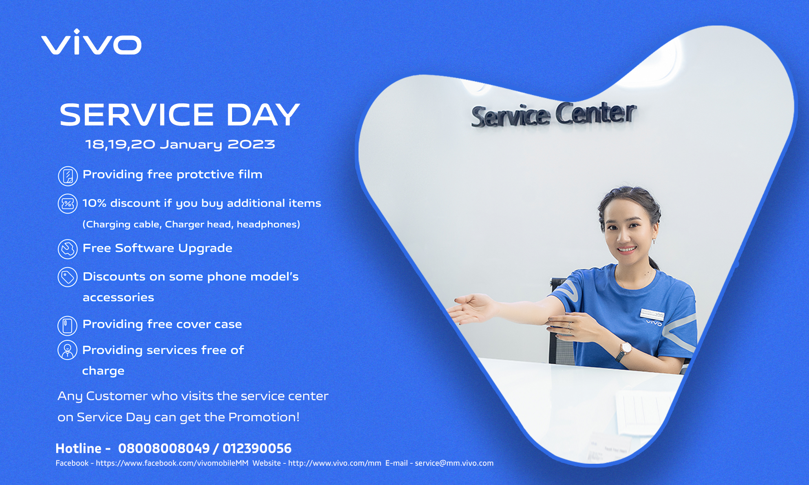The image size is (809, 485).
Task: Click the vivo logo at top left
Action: (x=91, y=42)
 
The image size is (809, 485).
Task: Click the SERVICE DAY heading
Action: (x=180, y=115)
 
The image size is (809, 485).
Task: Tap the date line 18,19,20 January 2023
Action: (x=180, y=144)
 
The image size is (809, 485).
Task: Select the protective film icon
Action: (x=68, y=176)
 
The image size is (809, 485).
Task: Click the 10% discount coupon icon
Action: (x=68, y=204)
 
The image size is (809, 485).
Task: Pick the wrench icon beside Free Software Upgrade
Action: (x=68, y=249)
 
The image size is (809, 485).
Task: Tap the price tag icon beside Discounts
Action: (x=68, y=277)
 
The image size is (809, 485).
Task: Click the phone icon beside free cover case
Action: (x=67, y=326)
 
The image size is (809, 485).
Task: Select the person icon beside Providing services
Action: (x=67, y=350)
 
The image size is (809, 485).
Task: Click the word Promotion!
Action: (x=264, y=417)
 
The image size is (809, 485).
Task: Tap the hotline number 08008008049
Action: (x=164, y=448)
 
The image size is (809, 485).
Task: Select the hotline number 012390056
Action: (x=257, y=448)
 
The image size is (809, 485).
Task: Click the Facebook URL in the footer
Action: (x=172, y=463)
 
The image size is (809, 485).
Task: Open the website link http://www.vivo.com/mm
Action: (x=335, y=463)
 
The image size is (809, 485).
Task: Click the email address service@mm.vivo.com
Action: (x=454, y=463)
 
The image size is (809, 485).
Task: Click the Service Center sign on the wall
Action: (x=554, y=115)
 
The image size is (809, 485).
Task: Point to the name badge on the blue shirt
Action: (x=652, y=314)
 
